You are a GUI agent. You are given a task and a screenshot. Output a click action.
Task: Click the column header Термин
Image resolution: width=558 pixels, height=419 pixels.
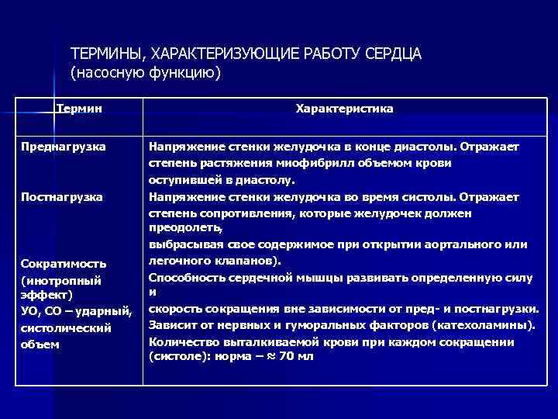tap(82, 109)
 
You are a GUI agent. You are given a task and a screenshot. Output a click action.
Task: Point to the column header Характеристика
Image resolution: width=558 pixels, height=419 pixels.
tap(344, 109)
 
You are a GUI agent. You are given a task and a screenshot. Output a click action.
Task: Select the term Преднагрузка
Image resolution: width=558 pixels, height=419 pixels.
tap(64, 146)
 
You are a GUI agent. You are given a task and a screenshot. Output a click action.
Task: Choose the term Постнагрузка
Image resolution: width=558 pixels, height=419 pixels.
tap(62, 197)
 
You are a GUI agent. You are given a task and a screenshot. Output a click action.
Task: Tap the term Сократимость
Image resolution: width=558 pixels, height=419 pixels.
tap(64, 264)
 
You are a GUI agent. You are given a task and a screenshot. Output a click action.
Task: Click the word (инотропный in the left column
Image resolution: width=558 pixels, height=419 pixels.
tap(61, 280)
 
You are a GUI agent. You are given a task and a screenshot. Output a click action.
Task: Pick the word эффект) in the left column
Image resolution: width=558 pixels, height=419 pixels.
tap(46, 296)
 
